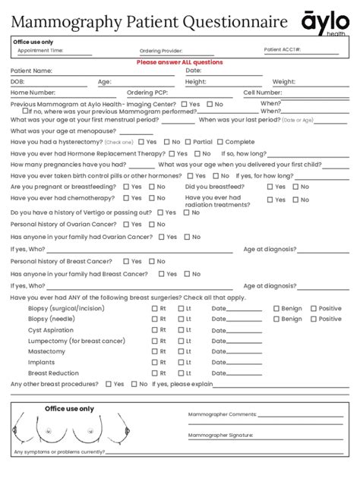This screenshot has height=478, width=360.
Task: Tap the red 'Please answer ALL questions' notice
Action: point(179,62)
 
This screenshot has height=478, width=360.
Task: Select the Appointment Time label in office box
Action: point(41,51)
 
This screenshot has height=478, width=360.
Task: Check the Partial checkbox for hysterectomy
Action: point(188,142)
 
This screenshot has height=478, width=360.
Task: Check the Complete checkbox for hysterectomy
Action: point(220,142)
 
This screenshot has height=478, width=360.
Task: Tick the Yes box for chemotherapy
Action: point(126,198)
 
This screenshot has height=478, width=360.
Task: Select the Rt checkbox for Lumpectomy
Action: point(154,341)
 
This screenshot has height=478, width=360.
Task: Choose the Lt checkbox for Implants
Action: point(181,363)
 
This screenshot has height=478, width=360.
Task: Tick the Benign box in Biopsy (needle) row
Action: point(276,319)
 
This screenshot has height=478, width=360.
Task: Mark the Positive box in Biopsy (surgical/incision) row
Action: point(313,309)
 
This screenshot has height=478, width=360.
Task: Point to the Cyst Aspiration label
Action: point(51,330)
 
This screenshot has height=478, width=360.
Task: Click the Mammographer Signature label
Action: point(221,436)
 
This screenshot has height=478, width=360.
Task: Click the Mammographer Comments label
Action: point(223,415)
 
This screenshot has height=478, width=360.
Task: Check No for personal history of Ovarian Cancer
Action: point(151,225)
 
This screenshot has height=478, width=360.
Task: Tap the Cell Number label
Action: point(263,93)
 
